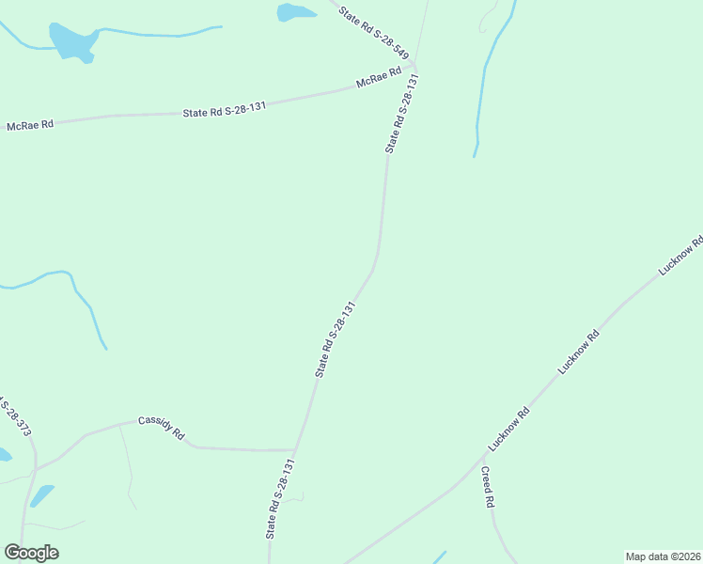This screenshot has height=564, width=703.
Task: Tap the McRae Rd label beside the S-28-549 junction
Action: tap(379, 78)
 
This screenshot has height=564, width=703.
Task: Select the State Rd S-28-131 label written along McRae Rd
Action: tap(225, 109)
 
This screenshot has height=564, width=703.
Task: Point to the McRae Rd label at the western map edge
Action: tap(30, 125)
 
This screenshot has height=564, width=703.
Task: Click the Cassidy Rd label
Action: tap(162, 430)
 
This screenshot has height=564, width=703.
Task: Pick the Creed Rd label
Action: tap(487, 488)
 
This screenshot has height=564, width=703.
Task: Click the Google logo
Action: tap(31, 553)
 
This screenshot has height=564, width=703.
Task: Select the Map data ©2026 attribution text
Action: tap(663, 556)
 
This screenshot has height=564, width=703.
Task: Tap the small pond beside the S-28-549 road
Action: tap(295, 12)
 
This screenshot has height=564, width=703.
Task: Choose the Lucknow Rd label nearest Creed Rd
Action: tap(509, 428)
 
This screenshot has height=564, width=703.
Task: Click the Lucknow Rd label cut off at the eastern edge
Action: tap(681, 256)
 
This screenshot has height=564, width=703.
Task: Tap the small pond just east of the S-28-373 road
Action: tap(41, 495)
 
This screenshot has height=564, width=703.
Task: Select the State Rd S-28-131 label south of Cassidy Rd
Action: tap(281, 498)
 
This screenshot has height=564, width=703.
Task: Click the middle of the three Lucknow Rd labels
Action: tap(578, 352)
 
